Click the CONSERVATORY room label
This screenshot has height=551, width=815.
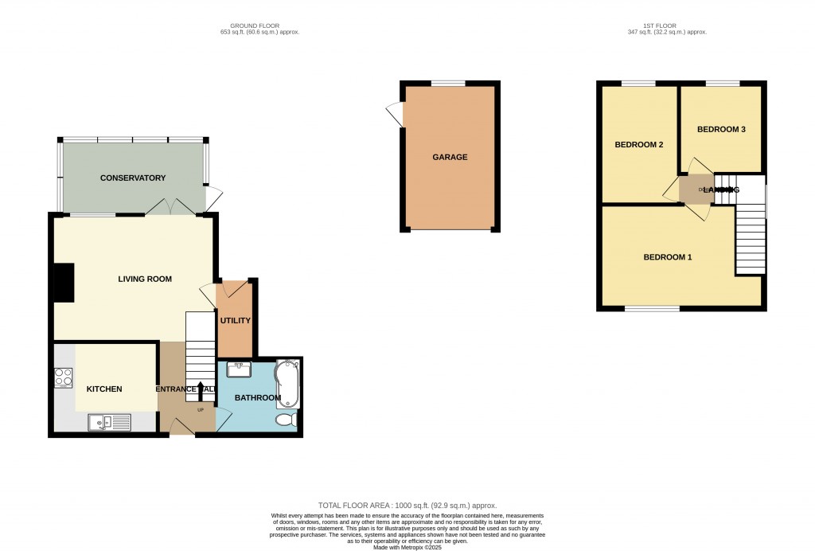(132, 178)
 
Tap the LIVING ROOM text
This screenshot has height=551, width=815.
(145, 279)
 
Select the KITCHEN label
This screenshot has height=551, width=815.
(104, 389)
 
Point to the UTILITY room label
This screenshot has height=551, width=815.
(236, 321)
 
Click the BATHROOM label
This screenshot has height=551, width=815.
(257, 397)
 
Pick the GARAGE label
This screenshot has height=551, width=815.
(450, 157)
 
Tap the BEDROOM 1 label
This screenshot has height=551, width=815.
(668, 257)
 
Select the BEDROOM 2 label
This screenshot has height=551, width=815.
(638, 145)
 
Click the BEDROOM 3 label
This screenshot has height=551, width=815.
(720, 129)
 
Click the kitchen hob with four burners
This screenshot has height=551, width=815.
(64, 377)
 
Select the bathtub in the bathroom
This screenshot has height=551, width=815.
(287, 384)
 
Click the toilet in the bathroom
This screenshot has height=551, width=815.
(287, 420)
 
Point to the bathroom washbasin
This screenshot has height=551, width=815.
(238, 369)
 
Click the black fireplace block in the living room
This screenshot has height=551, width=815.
(63, 283)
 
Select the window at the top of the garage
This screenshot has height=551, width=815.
(449, 83)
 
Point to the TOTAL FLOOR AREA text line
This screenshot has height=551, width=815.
(407, 506)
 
